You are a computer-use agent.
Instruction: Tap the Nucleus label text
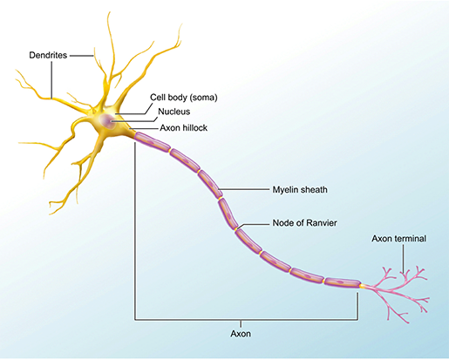(176, 113)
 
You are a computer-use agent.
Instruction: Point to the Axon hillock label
(184, 127)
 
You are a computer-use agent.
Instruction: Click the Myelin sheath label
(299, 188)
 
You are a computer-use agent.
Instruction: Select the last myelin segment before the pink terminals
(341, 282)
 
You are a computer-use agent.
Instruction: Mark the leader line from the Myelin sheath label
(244, 188)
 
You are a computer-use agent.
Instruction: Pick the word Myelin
(284, 188)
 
